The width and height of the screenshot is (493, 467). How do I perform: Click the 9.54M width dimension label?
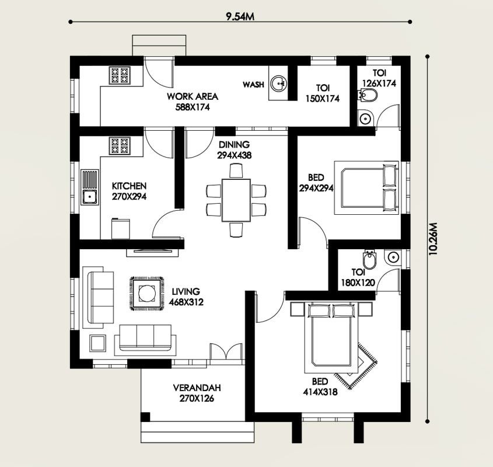[240, 17]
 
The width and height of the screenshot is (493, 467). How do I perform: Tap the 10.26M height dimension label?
[433, 239]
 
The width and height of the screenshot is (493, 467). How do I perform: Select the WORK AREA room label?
[193, 96]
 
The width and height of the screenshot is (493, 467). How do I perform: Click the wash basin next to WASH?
[278, 83]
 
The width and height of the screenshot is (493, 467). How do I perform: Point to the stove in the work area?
[120, 75]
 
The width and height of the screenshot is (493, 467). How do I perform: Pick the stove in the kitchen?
[120, 146]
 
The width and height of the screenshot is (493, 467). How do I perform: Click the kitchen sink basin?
[90, 197]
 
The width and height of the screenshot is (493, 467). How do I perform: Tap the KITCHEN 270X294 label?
[129, 191]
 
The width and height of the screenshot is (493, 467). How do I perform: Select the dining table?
[236, 200]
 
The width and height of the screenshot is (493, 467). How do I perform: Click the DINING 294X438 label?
[234, 150]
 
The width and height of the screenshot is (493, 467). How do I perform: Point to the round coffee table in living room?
[147, 294]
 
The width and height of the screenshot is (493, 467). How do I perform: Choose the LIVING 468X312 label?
[186, 297]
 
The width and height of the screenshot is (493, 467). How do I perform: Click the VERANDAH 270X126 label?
[197, 393]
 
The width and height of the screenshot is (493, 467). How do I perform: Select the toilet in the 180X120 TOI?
[369, 260]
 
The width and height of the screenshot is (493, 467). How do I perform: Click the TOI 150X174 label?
[323, 93]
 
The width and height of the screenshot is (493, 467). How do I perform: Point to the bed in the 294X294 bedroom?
[366, 188]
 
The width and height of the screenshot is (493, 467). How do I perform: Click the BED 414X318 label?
[320, 387]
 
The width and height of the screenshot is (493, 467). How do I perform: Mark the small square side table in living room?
[98, 343]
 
